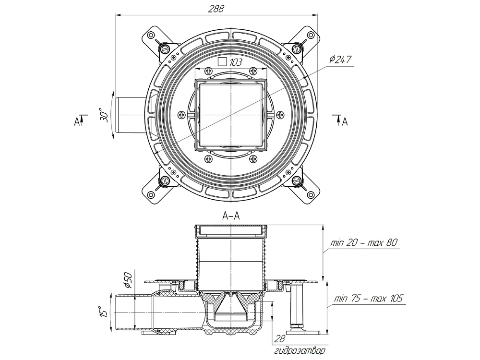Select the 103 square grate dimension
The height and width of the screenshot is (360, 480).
click(235, 62)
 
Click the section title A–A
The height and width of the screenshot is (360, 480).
click(231, 216)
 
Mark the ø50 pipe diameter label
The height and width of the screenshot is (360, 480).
click(128, 279)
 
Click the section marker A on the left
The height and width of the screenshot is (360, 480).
click(76, 121)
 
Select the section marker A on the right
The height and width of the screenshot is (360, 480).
click(344, 122)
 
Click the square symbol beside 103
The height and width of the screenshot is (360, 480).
click(222, 61)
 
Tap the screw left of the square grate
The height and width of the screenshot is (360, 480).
click(181, 115)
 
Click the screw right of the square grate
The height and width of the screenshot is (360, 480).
click(280, 115)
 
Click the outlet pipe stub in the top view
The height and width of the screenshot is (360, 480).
click(129, 115)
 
